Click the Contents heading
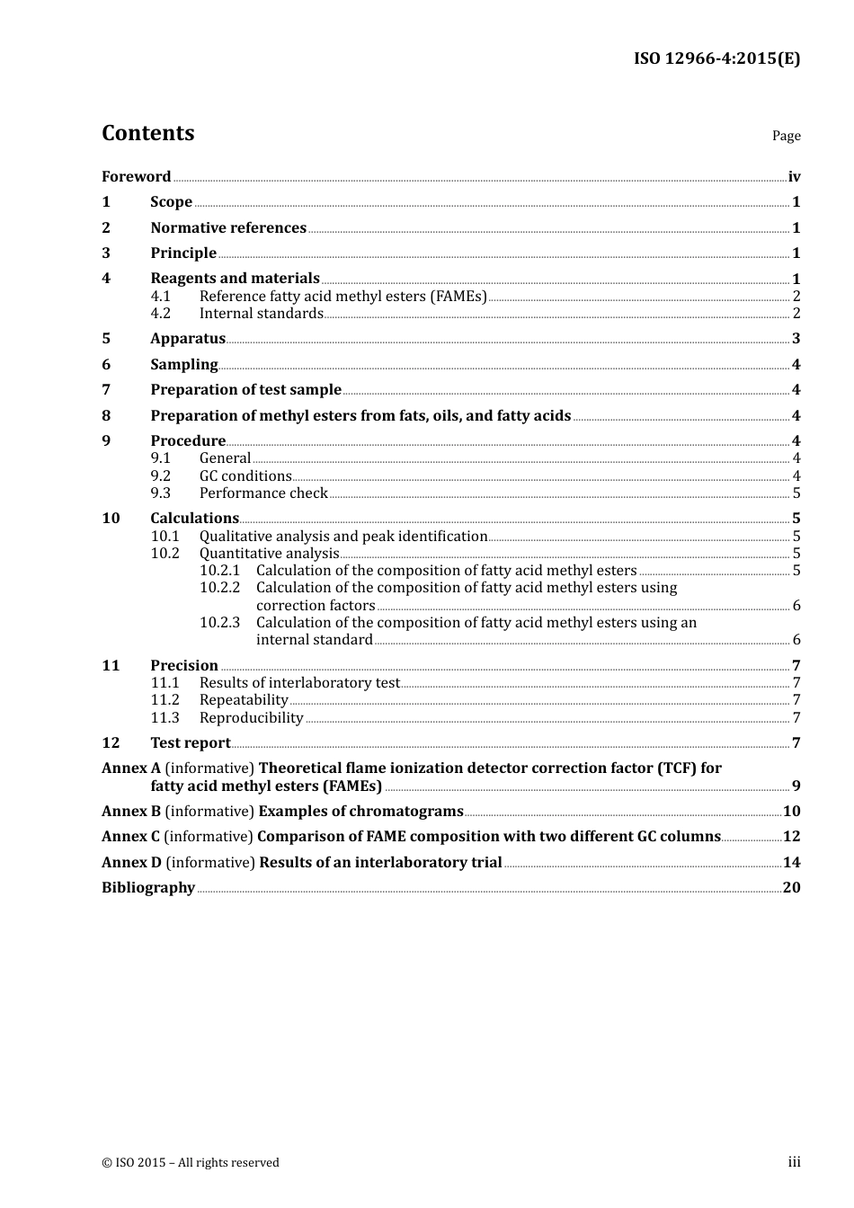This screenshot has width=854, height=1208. (147, 133)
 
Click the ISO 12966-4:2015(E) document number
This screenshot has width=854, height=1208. (716, 58)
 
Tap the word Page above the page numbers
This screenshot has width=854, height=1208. (786, 136)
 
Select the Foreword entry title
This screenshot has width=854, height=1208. (136, 177)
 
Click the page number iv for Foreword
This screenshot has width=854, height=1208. (794, 177)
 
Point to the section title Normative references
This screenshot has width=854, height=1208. (228, 228)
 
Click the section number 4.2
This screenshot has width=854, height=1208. (160, 314)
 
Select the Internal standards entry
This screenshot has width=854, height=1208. (261, 314)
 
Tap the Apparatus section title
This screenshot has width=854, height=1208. (187, 339)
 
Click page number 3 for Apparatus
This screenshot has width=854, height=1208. (796, 339)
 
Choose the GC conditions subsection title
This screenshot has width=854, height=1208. (245, 476)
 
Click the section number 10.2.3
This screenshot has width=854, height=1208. (219, 623)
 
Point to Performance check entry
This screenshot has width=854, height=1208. (263, 493)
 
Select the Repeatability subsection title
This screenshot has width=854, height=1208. (244, 700)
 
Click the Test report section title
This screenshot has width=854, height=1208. (190, 743)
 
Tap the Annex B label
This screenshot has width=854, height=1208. (130, 812)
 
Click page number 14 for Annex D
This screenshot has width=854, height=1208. (791, 863)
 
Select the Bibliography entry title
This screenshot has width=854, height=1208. (148, 888)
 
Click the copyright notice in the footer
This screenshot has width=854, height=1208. (191, 1163)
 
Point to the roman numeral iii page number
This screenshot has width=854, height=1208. (794, 1162)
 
